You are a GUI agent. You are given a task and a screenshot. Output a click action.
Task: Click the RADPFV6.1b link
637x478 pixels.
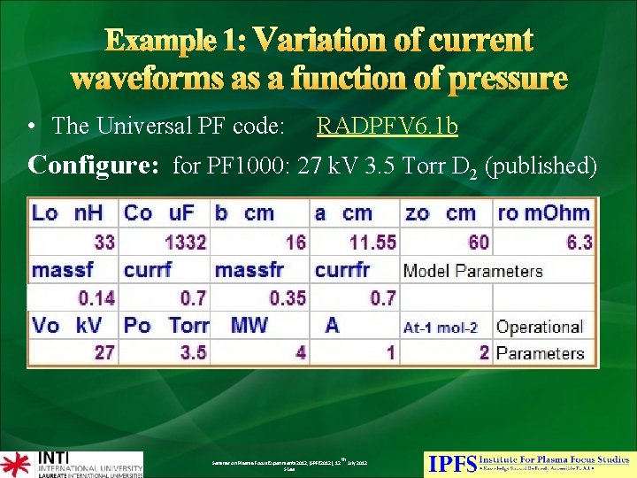click(387, 127)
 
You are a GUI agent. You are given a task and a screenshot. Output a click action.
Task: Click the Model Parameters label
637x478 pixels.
click(472, 271)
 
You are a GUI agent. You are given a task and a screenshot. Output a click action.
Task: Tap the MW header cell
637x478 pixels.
click(249, 326)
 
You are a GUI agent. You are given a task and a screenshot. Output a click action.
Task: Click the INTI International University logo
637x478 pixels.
click(72, 464)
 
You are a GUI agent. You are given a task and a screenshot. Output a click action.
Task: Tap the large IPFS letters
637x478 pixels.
click(451, 463)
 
